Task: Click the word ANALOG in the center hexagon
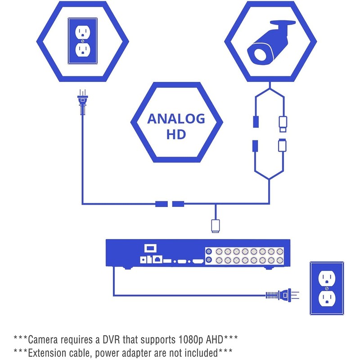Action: [176, 119]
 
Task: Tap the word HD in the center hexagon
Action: [176, 134]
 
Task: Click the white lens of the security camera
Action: [260, 54]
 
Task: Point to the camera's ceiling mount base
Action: [283, 23]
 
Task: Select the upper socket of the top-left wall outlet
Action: [83, 31]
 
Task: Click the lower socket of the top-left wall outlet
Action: [83, 50]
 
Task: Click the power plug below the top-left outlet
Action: [83, 102]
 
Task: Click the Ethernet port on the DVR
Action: [157, 259]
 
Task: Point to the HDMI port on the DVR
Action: [198, 261]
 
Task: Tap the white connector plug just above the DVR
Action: [215, 226]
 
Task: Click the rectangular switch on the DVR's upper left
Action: [150, 248]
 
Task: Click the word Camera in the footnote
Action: [43, 340]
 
